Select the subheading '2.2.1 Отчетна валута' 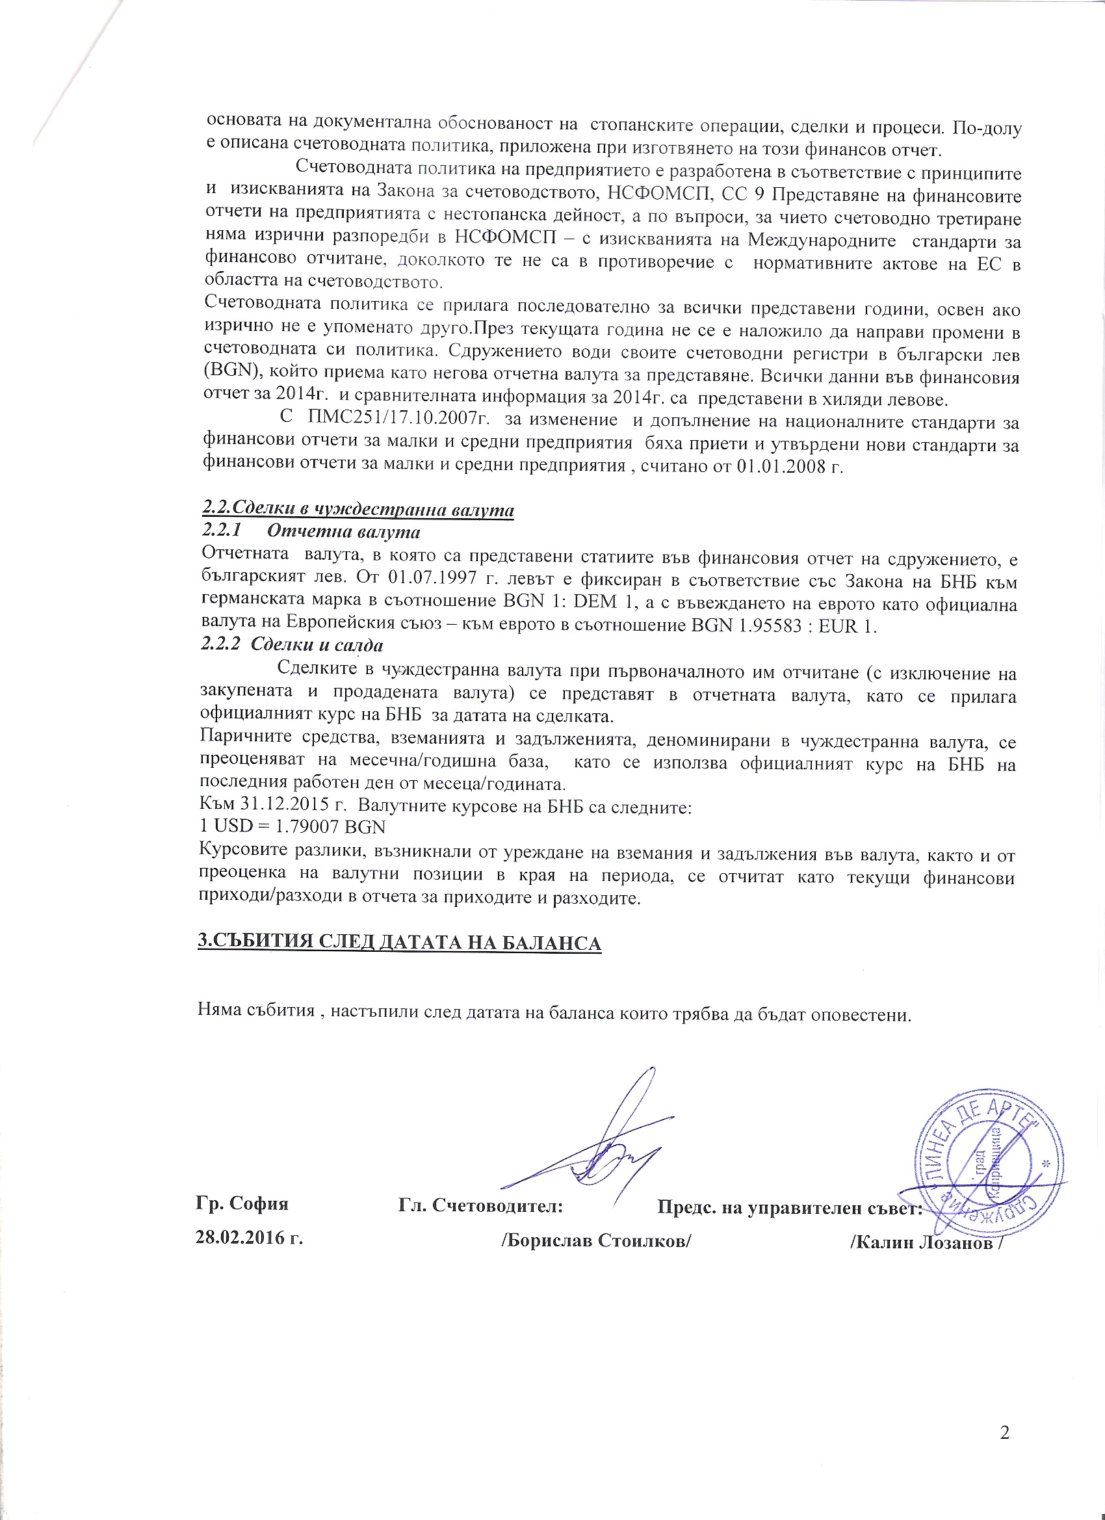(x=311, y=532)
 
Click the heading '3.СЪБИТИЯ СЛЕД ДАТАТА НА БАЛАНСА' (x=399, y=941)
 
